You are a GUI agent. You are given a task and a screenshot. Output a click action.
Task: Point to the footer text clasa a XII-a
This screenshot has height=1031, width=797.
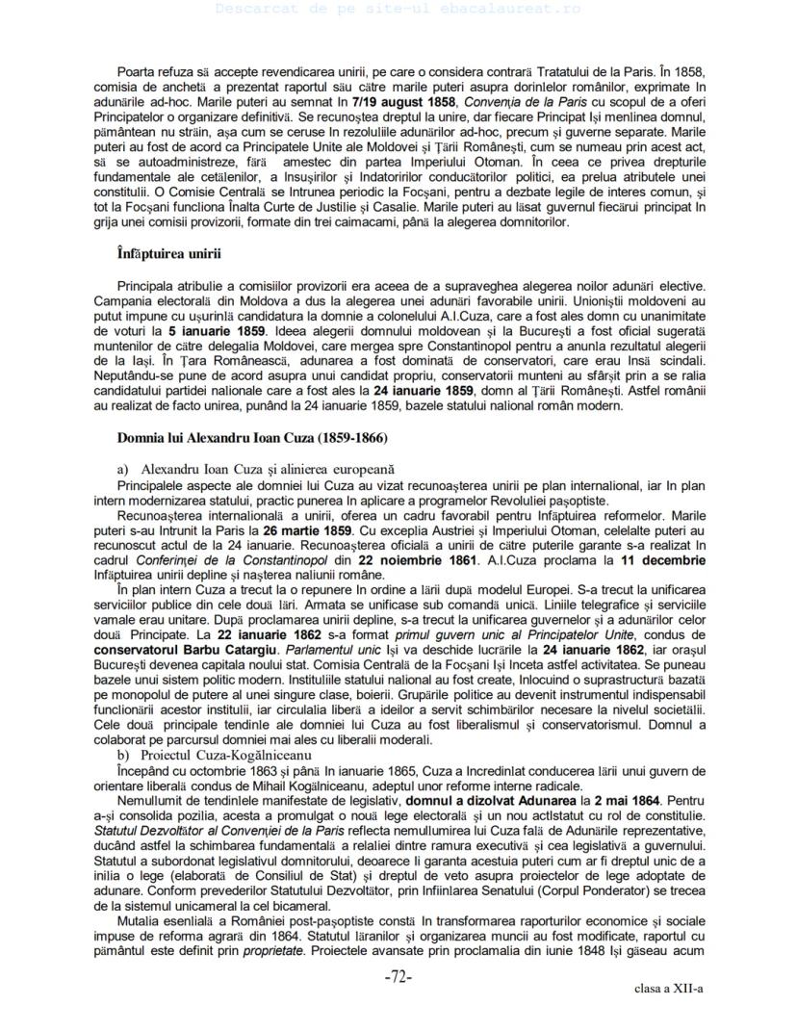point(668,989)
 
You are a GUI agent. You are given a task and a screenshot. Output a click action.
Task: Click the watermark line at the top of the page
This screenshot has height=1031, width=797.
point(398,8)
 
